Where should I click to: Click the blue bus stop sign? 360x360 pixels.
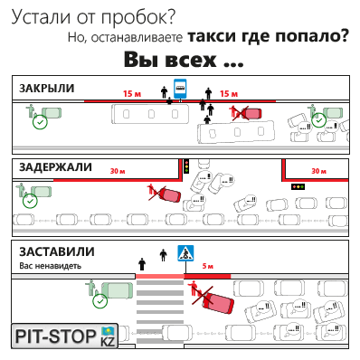[x=180, y=89]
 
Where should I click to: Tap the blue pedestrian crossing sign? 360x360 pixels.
[x=185, y=253]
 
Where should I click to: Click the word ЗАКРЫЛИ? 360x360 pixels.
[x=47, y=89]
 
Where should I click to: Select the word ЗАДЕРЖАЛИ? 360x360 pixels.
[x=55, y=167]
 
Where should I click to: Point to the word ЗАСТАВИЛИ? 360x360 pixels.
[x=57, y=251]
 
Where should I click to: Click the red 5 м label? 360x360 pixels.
[x=208, y=266]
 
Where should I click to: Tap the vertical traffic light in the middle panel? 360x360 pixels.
[x=186, y=166]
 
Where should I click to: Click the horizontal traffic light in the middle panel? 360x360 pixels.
[x=298, y=187]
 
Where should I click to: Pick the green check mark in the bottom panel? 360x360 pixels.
[x=100, y=301]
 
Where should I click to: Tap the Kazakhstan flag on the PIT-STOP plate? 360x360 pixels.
[x=108, y=331]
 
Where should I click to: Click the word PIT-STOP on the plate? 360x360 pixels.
[x=55, y=336]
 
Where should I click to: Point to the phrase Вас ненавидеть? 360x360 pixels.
[x=51, y=266]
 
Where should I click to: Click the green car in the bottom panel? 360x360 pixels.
[x=117, y=290]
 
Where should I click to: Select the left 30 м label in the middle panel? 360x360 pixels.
[x=118, y=171]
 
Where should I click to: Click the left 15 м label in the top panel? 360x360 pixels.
[x=132, y=94]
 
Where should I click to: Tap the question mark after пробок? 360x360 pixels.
[x=171, y=17]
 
